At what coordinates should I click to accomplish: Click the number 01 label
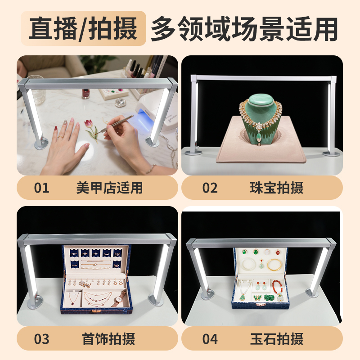[x=41, y=188]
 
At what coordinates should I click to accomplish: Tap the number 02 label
[x=210, y=188]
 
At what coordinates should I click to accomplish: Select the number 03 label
[x=41, y=339]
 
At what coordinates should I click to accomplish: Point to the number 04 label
[x=210, y=339]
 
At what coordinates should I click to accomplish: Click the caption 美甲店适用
[x=109, y=188]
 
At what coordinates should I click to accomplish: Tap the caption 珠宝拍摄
[x=277, y=188]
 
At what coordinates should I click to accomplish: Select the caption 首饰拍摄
[x=108, y=339]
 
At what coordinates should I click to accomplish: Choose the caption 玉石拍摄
[x=277, y=339]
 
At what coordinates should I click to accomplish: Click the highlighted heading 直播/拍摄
[x=83, y=28]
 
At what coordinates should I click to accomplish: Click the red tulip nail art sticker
[x=91, y=130]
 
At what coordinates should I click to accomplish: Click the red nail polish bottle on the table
[x=85, y=93]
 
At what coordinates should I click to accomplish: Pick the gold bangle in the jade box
[x=274, y=265]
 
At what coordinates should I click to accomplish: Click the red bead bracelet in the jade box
[x=277, y=288]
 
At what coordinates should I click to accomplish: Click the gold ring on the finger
[x=60, y=138]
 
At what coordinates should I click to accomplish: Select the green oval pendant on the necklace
[x=259, y=137]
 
